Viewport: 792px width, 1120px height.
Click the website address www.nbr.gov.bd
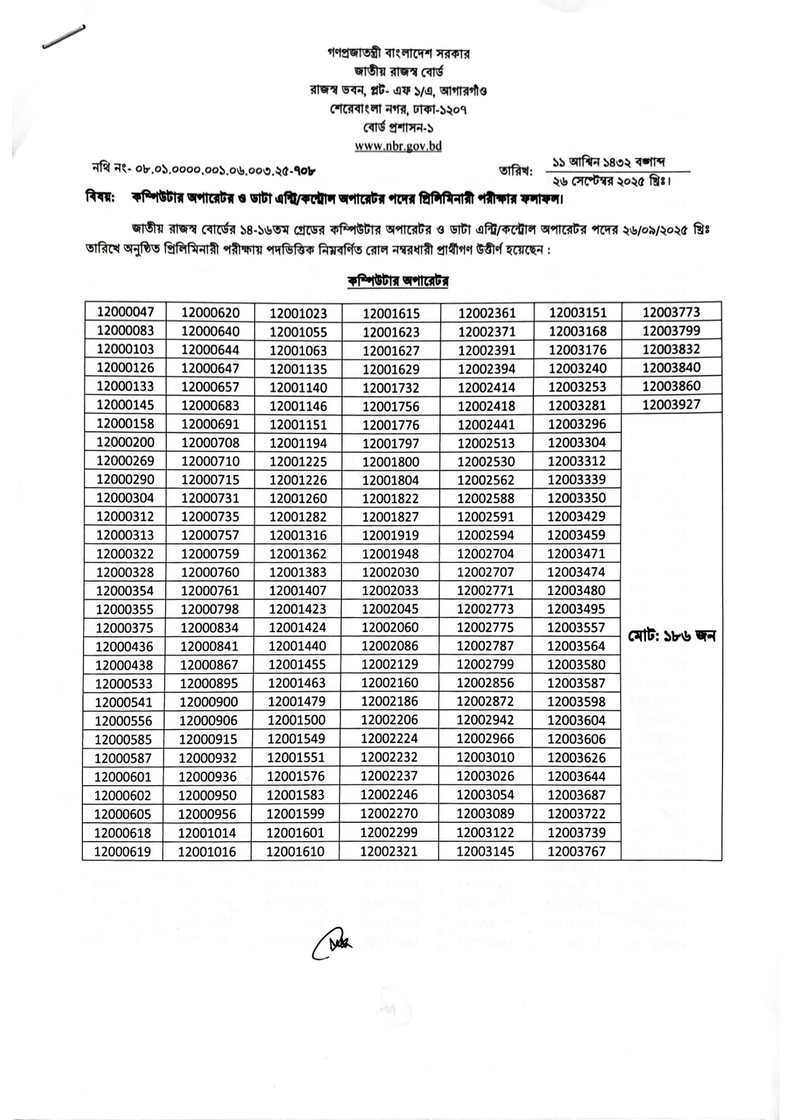pos(398,146)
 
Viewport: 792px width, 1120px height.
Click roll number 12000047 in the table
pos(126,312)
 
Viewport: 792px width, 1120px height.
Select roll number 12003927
pos(671,405)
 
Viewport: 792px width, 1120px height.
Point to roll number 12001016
pos(207,852)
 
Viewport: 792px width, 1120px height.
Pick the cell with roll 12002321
pos(389,851)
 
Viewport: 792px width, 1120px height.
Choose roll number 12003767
pos(576,851)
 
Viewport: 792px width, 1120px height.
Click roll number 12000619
pos(123,852)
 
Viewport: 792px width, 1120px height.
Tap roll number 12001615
pos(391,313)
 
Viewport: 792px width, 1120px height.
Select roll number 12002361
pos(486,313)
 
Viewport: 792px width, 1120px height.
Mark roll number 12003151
pos(578,312)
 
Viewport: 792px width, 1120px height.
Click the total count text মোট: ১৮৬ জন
pos(671,636)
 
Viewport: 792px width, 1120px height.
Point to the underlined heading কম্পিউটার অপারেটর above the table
pos(398,281)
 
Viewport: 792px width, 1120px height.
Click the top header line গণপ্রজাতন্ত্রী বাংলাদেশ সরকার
pos(398,53)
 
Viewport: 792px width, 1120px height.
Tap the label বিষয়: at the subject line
pos(100,198)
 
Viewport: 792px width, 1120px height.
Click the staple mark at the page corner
pos(64,37)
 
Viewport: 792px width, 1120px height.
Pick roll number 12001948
pos(390,554)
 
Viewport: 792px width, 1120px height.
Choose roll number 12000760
pos(210,572)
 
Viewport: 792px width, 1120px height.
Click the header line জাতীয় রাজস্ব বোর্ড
pos(399,72)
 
